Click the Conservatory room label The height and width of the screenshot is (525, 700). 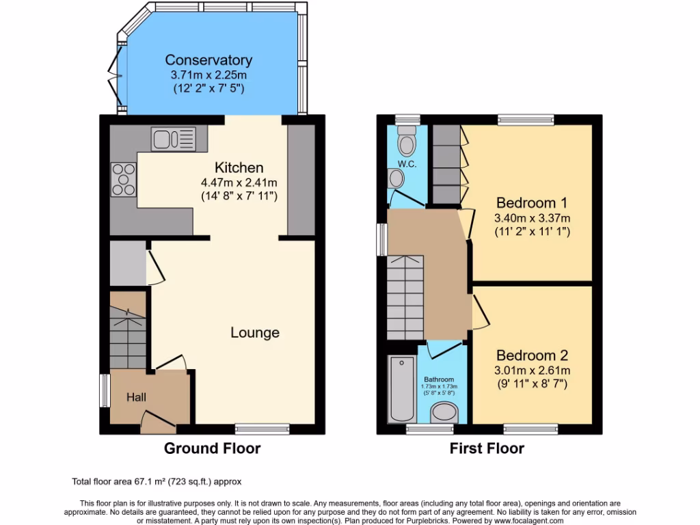(x=208, y=60)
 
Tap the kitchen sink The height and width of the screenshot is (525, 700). (x=174, y=138)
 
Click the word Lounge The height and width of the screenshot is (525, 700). (x=254, y=333)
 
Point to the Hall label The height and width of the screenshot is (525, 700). (x=135, y=396)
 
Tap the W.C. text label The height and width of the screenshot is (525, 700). (x=407, y=164)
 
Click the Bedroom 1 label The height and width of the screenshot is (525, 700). (x=532, y=203)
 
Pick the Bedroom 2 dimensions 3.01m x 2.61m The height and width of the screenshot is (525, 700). (x=532, y=371)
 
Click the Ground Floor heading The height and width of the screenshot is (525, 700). (x=212, y=448)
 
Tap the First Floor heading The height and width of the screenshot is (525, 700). (x=487, y=448)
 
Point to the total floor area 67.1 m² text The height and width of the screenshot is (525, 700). (x=157, y=481)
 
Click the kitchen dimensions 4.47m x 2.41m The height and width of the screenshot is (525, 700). (x=239, y=183)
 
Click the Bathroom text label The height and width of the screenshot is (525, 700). (x=438, y=379)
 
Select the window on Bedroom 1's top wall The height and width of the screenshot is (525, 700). (x=525, y=120)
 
